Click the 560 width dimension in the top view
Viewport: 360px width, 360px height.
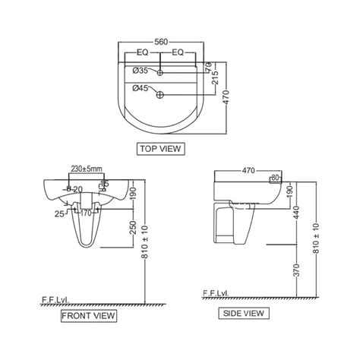point(161,42)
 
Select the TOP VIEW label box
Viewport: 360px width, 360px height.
point(161,149)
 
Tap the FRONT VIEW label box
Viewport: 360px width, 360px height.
point(89,316)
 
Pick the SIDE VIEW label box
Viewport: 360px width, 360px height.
point(244,314)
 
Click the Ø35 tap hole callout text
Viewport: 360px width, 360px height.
point(141,71)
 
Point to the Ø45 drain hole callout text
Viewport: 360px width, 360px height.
point(141,88)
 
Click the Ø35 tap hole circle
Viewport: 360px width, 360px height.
point(160,73)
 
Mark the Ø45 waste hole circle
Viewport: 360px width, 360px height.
point(160,95)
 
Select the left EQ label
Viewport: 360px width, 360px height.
point(143,52)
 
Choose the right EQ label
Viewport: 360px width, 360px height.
point(178,52)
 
